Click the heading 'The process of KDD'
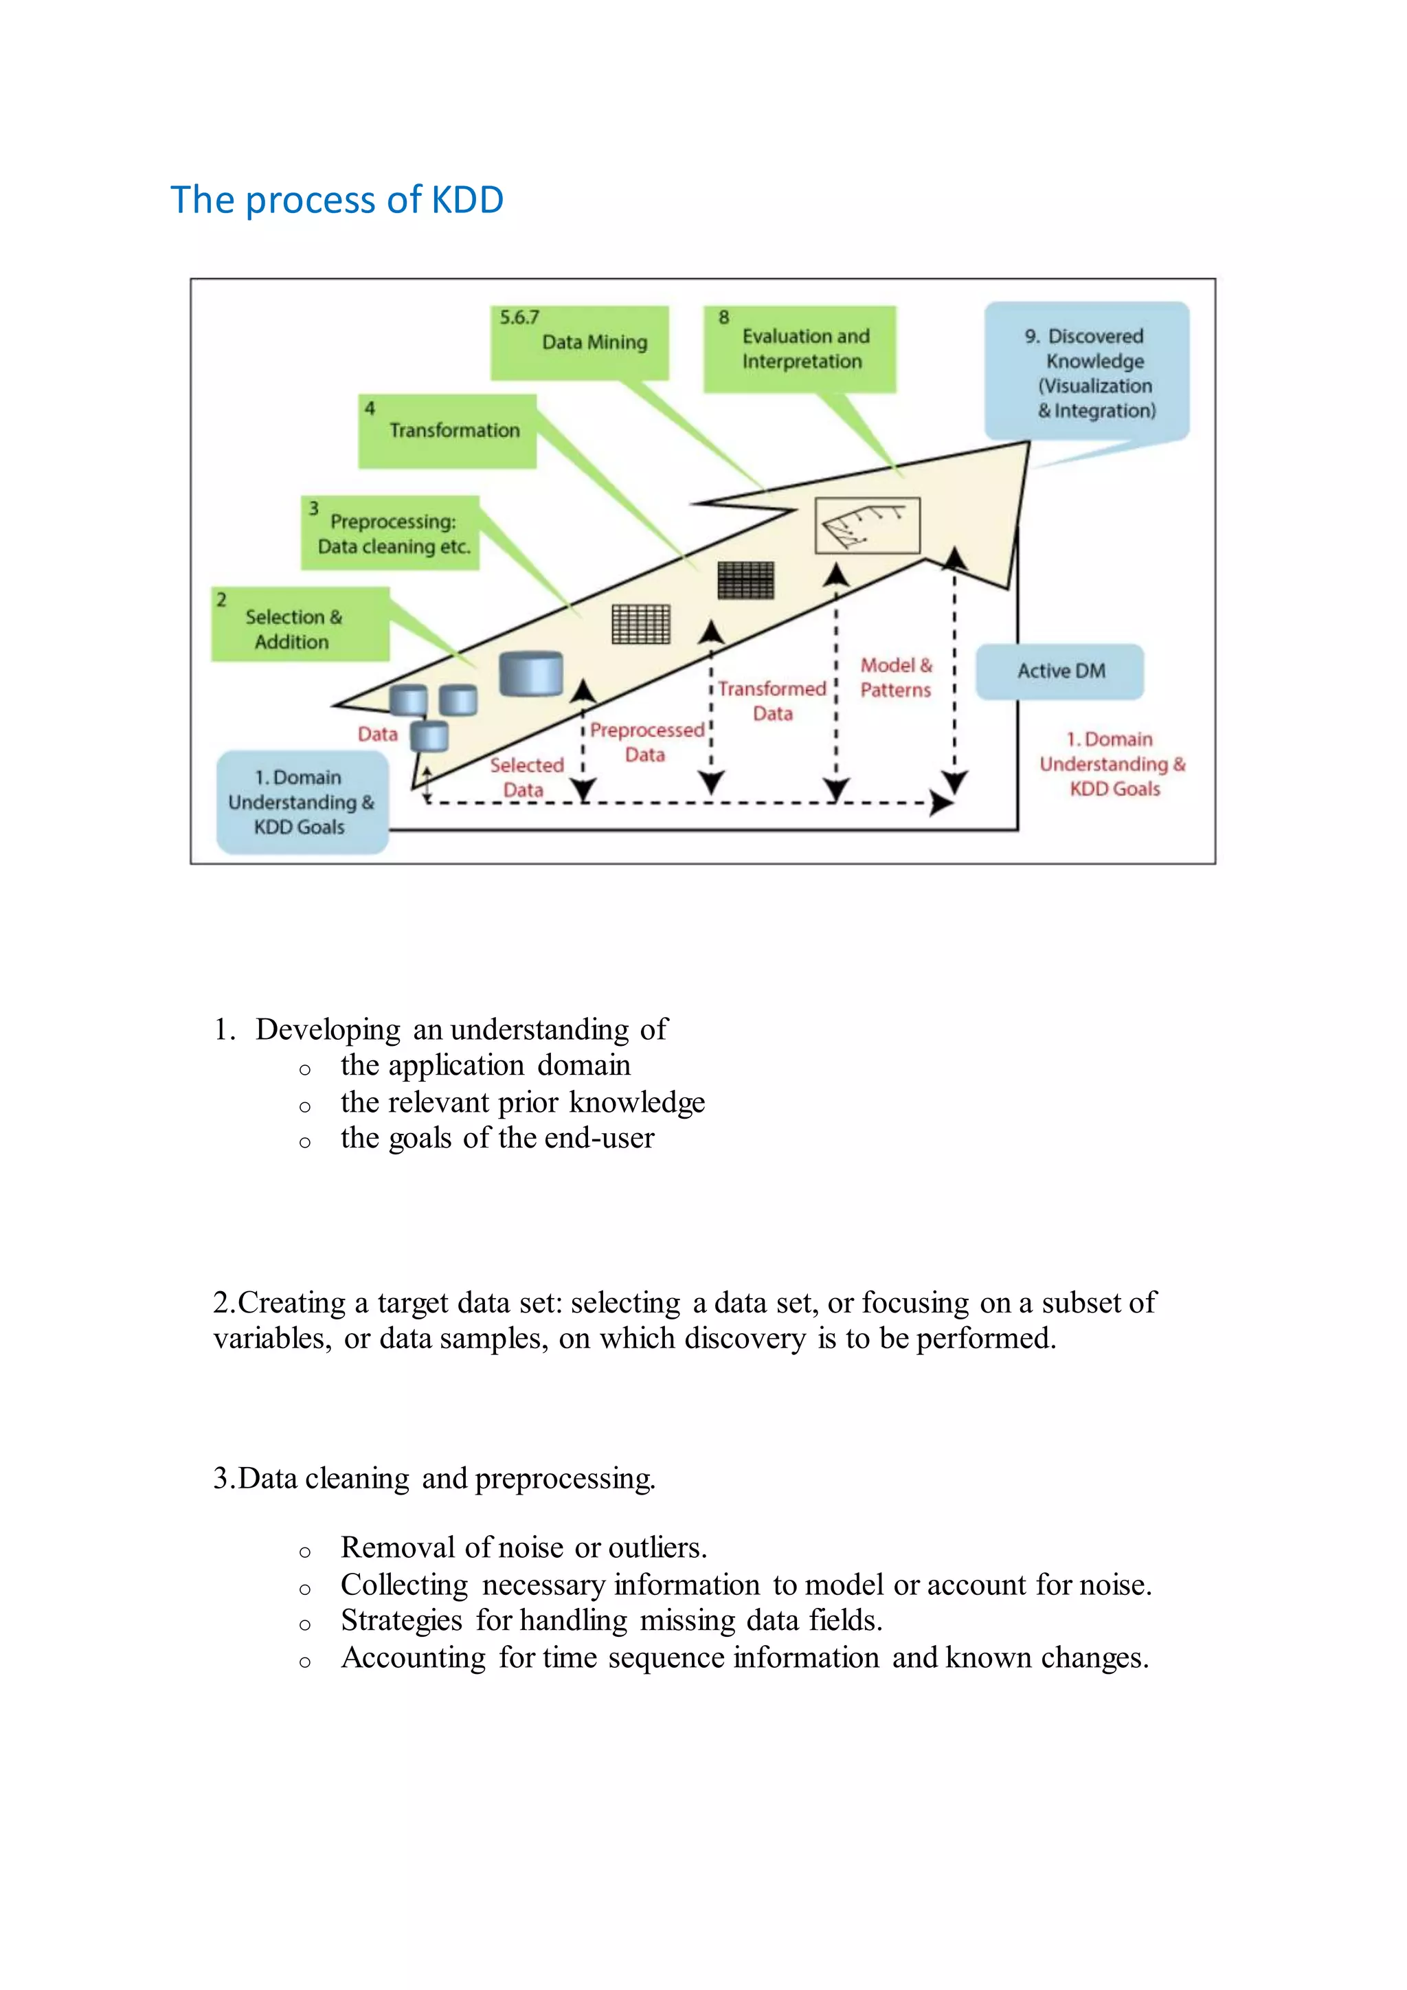337,200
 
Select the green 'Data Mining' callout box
580,342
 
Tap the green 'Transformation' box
448,431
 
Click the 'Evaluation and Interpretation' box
800,348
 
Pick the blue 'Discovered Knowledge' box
1086,372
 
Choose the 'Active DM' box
1059,671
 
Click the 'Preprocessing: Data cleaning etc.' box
390,533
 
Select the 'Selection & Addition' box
300,625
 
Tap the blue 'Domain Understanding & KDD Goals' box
302,802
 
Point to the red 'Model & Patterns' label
896,678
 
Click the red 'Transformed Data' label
772,700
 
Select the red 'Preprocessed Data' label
646,742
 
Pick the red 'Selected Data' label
526,776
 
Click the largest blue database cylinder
531,674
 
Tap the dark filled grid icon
746,580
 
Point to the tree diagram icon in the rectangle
867,525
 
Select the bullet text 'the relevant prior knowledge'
522,1102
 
